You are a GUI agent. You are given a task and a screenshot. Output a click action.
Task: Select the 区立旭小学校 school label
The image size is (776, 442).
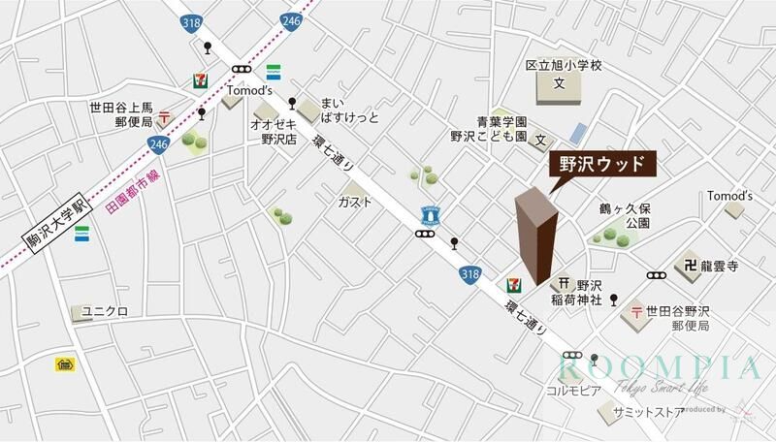pos(565,66)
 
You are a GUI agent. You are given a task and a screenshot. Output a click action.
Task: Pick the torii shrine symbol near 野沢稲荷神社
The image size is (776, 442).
pos(564,284)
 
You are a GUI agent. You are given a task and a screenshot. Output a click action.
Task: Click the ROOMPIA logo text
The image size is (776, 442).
pos(661,368)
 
